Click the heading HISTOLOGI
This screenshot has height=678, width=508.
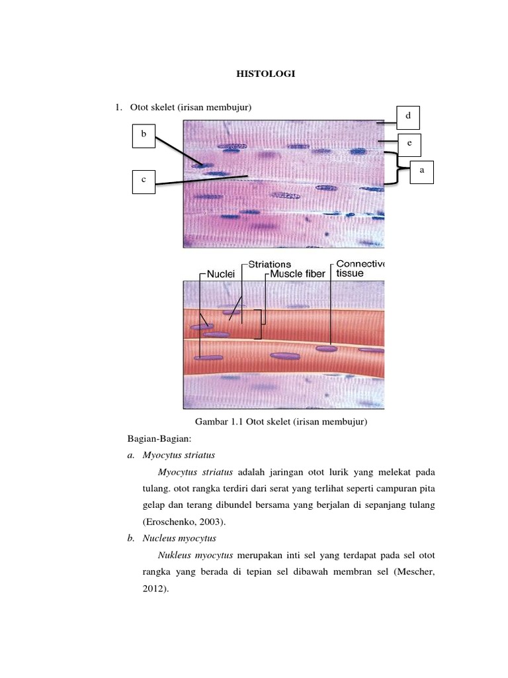[x=266, y=74]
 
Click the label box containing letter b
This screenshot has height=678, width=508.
[x=144, y=134]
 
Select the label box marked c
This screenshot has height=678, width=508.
[x=144, y=180]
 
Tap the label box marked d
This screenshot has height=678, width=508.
[x=407, y=116]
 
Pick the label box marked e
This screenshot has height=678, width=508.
[x=409, y=142]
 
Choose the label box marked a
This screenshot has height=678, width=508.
[x=421, y=169]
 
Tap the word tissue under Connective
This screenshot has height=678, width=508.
[x=350, y=273]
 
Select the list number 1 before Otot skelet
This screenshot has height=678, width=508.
[x=118, y=107]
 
